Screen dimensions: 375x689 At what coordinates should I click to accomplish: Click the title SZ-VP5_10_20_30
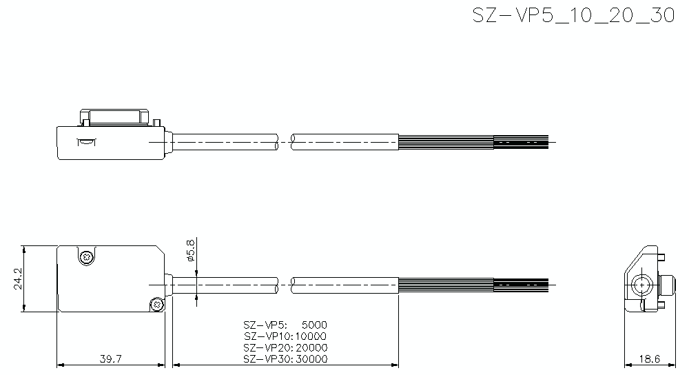(573, 16)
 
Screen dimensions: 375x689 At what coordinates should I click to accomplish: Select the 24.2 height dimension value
(19, 278)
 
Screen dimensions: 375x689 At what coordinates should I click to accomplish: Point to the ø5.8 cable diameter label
(191, 252)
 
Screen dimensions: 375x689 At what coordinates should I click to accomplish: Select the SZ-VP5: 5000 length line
(285, 325)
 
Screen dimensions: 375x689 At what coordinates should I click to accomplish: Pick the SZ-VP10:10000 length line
(285, 336)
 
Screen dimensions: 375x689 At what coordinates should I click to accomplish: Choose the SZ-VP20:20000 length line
(285, 347)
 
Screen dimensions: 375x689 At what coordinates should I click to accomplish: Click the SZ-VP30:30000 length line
(285, 359)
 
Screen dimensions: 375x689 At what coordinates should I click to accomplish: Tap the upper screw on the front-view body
(86, 257)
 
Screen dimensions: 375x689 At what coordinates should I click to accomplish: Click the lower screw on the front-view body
(158, 303)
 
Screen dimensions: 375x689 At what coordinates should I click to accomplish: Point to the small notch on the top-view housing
(86, 143)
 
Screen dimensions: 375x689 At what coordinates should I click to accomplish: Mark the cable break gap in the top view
(285, 141)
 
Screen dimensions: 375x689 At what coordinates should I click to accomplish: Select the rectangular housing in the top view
(110, 143)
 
